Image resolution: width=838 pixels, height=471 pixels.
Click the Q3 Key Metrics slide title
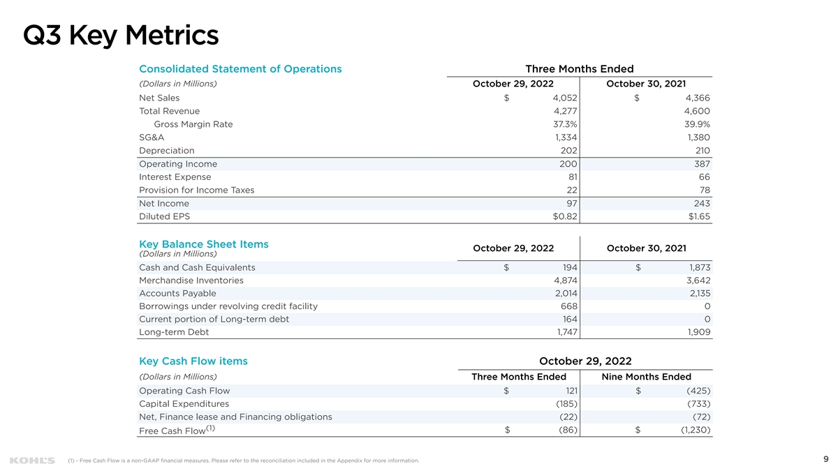pos(121,36)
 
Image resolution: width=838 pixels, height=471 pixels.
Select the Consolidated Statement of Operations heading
pos(240,69)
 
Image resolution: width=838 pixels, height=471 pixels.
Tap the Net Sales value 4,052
pos(565,98)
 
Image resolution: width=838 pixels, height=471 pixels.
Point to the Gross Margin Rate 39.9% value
pos(697,124)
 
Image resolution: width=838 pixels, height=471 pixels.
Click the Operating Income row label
pos(178,164)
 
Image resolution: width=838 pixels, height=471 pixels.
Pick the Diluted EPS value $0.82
pos(565,216)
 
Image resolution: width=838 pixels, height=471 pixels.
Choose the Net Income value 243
pos(702,203)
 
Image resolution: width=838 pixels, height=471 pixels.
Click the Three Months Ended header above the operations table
pos(580,69)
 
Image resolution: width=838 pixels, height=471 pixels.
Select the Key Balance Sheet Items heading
pos(204,244)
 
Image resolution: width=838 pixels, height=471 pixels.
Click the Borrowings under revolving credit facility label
pos(228,306)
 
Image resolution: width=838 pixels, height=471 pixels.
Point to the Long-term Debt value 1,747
pos(567,332)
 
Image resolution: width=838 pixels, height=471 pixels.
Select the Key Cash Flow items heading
pos(193,361)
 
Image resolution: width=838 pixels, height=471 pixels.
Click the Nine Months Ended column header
pos(646,377)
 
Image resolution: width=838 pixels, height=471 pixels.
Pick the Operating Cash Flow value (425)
pos(698,391)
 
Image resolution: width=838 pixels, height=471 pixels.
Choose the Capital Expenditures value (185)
pos(567,404)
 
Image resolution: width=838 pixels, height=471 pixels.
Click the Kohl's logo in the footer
pos(32,461)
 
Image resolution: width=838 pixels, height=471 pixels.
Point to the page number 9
pos(826,459)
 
